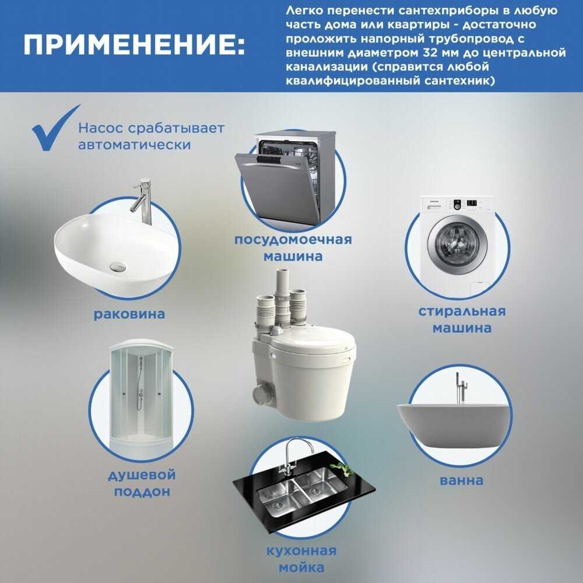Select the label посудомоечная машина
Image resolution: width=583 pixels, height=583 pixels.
pos(293,248)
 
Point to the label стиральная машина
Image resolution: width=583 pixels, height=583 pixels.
pos(461,319)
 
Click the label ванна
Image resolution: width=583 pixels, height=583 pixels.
pos(461,480)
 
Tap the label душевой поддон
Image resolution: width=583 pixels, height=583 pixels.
pos(142,483)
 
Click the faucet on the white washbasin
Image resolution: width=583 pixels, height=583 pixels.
pos(141,201)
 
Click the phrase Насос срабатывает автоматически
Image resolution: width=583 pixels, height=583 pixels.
pos(135,136)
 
